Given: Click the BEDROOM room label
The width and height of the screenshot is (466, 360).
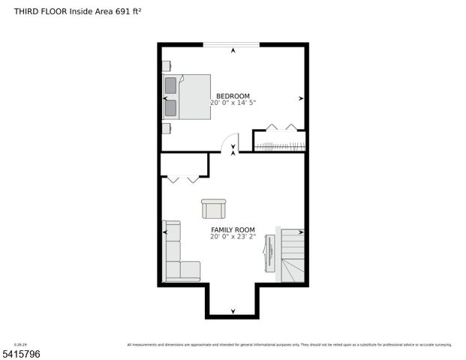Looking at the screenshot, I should (233, 96).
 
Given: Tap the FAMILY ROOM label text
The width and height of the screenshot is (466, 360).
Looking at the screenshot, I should (233, 229).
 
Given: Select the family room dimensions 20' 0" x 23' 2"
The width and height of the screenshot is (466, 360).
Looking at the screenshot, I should (233, 236).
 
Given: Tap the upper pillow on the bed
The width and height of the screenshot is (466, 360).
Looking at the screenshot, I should (170, 84).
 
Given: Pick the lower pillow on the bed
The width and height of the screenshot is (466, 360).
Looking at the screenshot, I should (170, 107).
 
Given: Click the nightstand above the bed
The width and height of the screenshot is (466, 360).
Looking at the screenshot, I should (166, 65).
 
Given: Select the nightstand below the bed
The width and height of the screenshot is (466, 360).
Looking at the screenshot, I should (166, 127).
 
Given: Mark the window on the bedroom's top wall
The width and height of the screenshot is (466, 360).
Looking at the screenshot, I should (233, 45).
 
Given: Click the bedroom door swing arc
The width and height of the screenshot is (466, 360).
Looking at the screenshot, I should (229, 142).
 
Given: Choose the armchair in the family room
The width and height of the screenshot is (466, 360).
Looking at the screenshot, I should (213, 209).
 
